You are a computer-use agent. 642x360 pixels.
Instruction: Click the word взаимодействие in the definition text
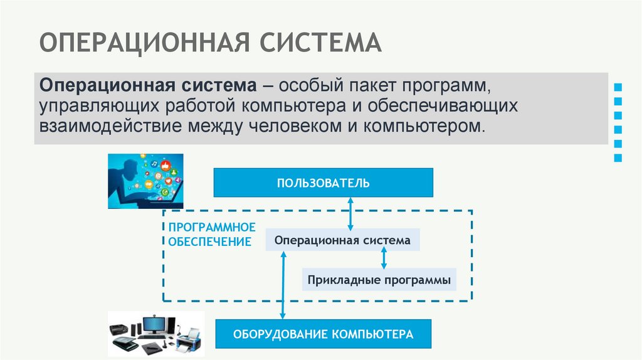[x=109, y=125]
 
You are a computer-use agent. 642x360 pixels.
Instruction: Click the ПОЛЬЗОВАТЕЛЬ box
[x=324, y=183]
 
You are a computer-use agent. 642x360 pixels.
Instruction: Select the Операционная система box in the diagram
[x=343, y=240]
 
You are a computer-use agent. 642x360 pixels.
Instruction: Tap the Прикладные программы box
[x=379, y=279]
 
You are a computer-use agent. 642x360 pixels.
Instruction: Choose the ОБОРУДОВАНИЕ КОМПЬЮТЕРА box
[x=324, y=334]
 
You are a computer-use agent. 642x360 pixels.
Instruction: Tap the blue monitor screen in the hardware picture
[x=153, y=324]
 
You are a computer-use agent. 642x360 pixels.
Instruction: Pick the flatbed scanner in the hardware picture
[x=125, y=342]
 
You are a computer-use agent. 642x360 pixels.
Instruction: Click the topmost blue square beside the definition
[x=618, y=87]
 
